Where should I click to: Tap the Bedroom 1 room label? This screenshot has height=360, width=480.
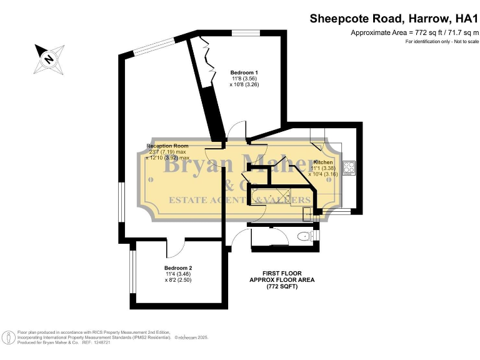click(x=243, y=73)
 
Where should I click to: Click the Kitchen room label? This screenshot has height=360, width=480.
click(x=323, y=162)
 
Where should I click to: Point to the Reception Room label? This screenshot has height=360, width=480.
click(x=167, y=146)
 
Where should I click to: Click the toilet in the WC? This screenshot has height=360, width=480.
click(x=304, y=236)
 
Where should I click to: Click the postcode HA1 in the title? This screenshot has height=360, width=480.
click(x=464, y=19)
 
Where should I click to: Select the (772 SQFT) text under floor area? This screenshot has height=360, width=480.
click(x=282, y=287)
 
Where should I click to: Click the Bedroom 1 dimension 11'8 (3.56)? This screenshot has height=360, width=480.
click(x=243, y=79)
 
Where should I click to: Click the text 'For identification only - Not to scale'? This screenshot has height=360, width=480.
click(x=441, y=42)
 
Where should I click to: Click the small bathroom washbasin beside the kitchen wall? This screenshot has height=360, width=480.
click(x=307, y=214)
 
